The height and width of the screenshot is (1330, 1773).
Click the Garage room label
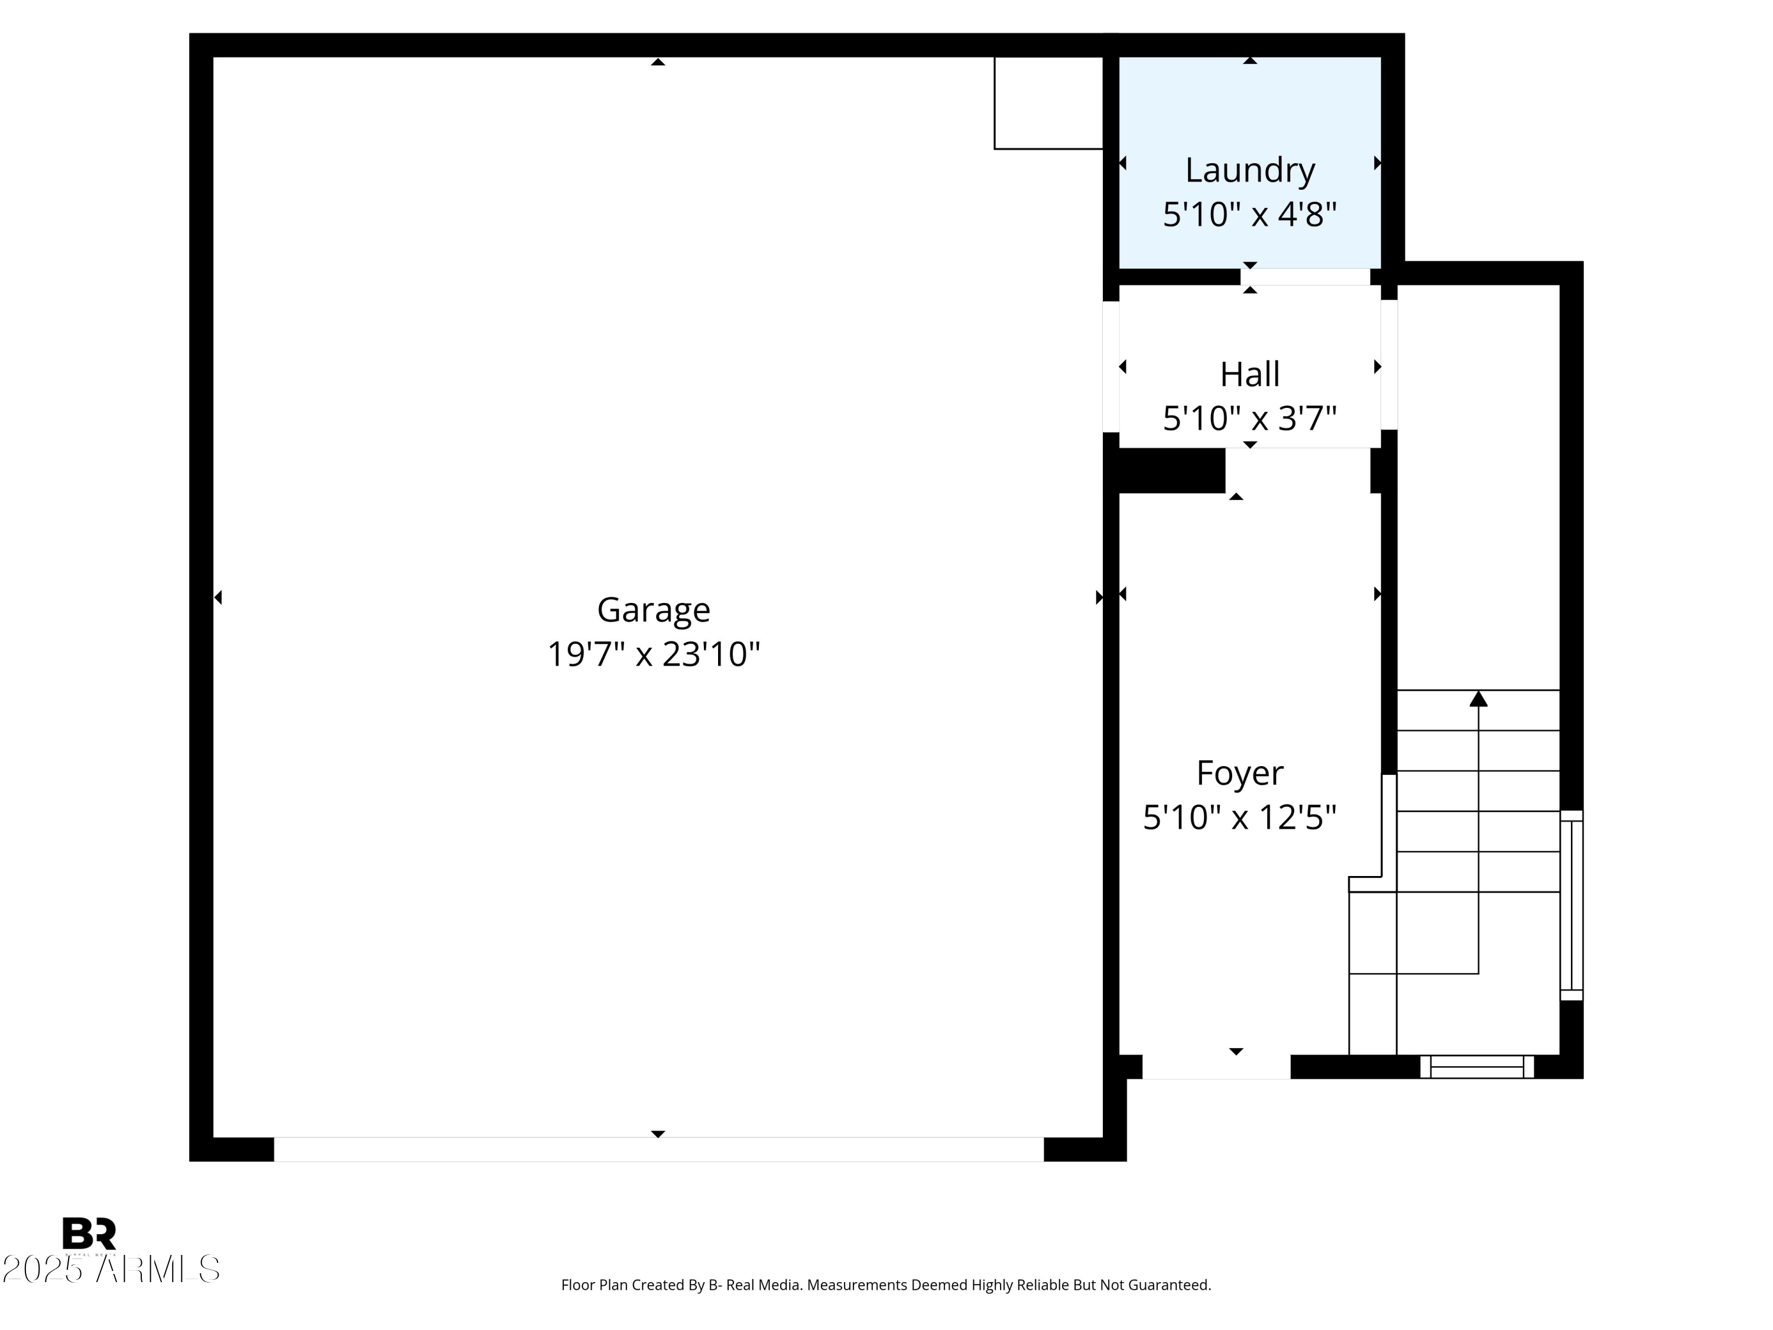click(x=653, y=610)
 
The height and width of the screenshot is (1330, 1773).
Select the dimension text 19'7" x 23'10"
click(x=653, y=654)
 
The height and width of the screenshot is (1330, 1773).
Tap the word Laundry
click(x=1249, y=170)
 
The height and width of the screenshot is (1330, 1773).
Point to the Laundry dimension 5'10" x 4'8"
click(x=1249, y=215)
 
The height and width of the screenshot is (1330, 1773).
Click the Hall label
click(x=1249, y=374)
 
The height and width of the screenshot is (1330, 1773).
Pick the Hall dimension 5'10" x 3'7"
click(x=1249, y=419)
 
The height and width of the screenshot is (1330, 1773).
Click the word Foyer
click(x=1239, y=773)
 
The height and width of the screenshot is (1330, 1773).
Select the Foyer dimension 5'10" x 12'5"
click(x=1239, y=818)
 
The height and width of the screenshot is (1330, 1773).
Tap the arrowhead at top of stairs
click(x=1478, y=699)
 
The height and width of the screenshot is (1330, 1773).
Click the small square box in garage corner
click(x=1048, y=103)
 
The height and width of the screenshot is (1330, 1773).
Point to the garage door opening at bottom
click(x=658, y=1149)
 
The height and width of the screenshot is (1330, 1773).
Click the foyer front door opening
click(x=1216, y=1067)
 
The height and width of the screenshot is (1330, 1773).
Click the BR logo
click(x=89, y=1234)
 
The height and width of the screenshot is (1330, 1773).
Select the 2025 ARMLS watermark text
click(x=111, y=1269)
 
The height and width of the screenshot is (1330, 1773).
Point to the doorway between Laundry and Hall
click(x=1305, y=277)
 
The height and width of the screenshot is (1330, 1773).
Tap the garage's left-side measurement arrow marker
click(x=218, y=597)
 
